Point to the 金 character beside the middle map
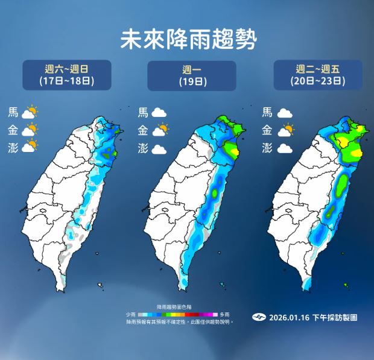[x=143, y=130]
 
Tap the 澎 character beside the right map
[x=268, y=147]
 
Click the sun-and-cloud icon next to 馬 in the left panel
[x=30, y=112]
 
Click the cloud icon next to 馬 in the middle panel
[x=159, y=112]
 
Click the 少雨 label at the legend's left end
[x=130, y=315]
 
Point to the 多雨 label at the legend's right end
[x=224, y=315]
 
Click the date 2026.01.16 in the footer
[x=288, y=317]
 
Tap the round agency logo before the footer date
[x=259, y=317]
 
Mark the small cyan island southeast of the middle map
[x=223, y=283]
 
